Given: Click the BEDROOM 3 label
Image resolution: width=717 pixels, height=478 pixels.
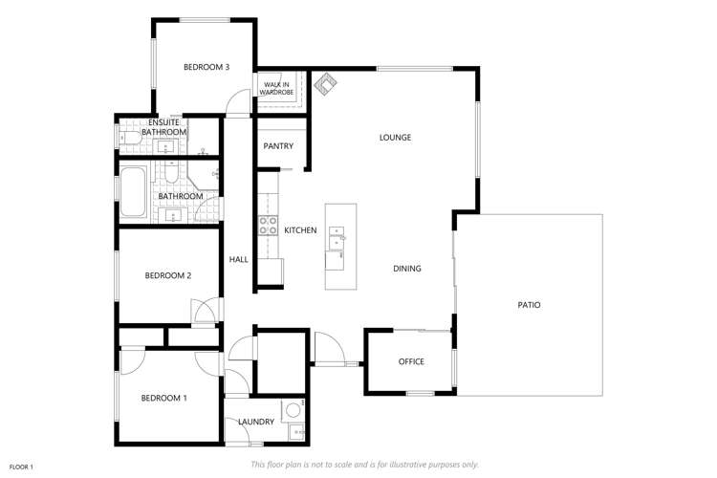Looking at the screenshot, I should coord(206,67).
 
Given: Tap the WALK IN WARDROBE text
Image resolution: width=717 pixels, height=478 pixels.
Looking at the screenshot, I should coord(278,89).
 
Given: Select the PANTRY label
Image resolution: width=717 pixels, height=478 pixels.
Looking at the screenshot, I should coord(278,146).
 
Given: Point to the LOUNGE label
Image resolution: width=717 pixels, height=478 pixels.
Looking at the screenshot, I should coord(395,138).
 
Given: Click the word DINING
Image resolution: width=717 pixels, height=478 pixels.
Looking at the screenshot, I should coord(406,269).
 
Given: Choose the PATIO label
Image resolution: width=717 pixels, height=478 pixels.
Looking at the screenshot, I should coord(529,305).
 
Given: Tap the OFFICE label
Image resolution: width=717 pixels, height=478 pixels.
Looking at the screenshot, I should coord(411,361).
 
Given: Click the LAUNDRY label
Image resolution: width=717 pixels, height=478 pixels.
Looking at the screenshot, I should coord(257,422).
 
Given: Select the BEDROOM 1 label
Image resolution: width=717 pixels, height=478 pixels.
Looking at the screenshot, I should coord(163,398).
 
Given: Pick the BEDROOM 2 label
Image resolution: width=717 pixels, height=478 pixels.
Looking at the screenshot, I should coord(168,275).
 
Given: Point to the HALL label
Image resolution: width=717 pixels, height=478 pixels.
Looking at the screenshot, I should coord(238,259).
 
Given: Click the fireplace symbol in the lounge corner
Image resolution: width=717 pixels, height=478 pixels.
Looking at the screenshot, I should coord(326,85).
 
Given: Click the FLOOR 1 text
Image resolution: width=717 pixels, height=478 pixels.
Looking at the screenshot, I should coord(21,467).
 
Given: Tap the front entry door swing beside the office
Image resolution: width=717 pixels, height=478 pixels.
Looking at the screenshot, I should coord(326,347).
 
